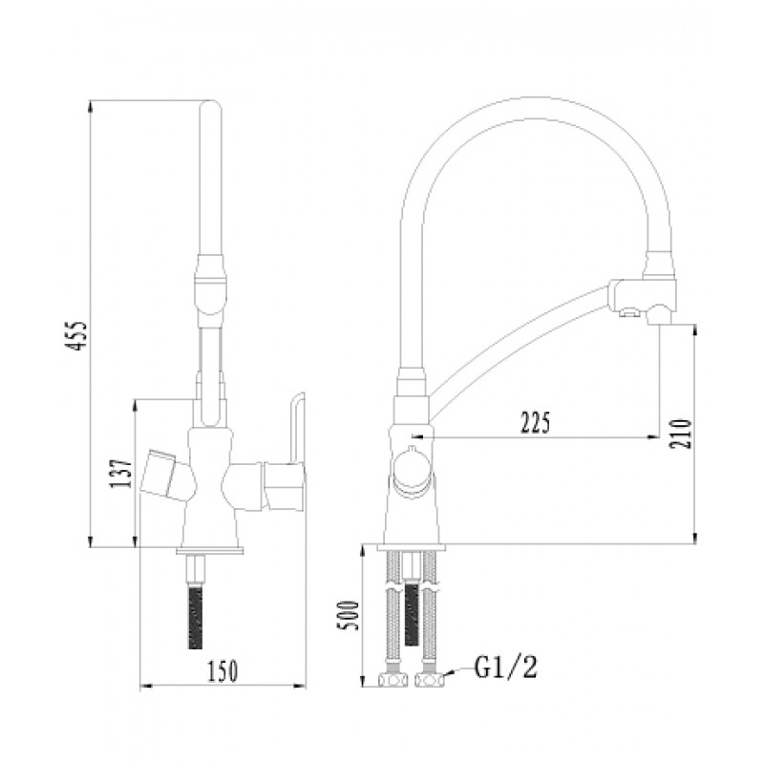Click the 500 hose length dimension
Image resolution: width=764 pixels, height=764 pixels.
pos(350,622)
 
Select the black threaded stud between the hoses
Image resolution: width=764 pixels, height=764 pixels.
pos(413,611)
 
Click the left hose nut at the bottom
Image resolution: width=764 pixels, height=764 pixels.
pos(391,680)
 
